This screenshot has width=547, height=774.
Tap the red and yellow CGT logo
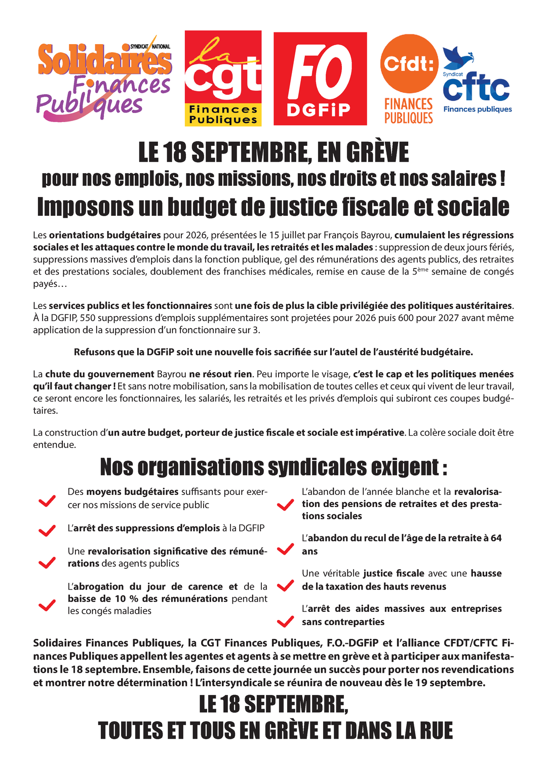[x=223, y=79]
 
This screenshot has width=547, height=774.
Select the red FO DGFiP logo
[x=320, y=79]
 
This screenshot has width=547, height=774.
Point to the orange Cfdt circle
[x=409, y=64]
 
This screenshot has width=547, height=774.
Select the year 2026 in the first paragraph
[x=196, y=235]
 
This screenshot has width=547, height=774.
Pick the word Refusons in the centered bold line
[x=94, y=352]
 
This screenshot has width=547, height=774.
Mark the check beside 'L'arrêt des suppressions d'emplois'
[x=47, y=530]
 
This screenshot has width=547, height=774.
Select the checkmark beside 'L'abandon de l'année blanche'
[x=286, y=505]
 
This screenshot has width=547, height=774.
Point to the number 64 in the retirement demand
[x=496, y=538]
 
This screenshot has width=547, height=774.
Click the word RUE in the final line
[x=435, y=731]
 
